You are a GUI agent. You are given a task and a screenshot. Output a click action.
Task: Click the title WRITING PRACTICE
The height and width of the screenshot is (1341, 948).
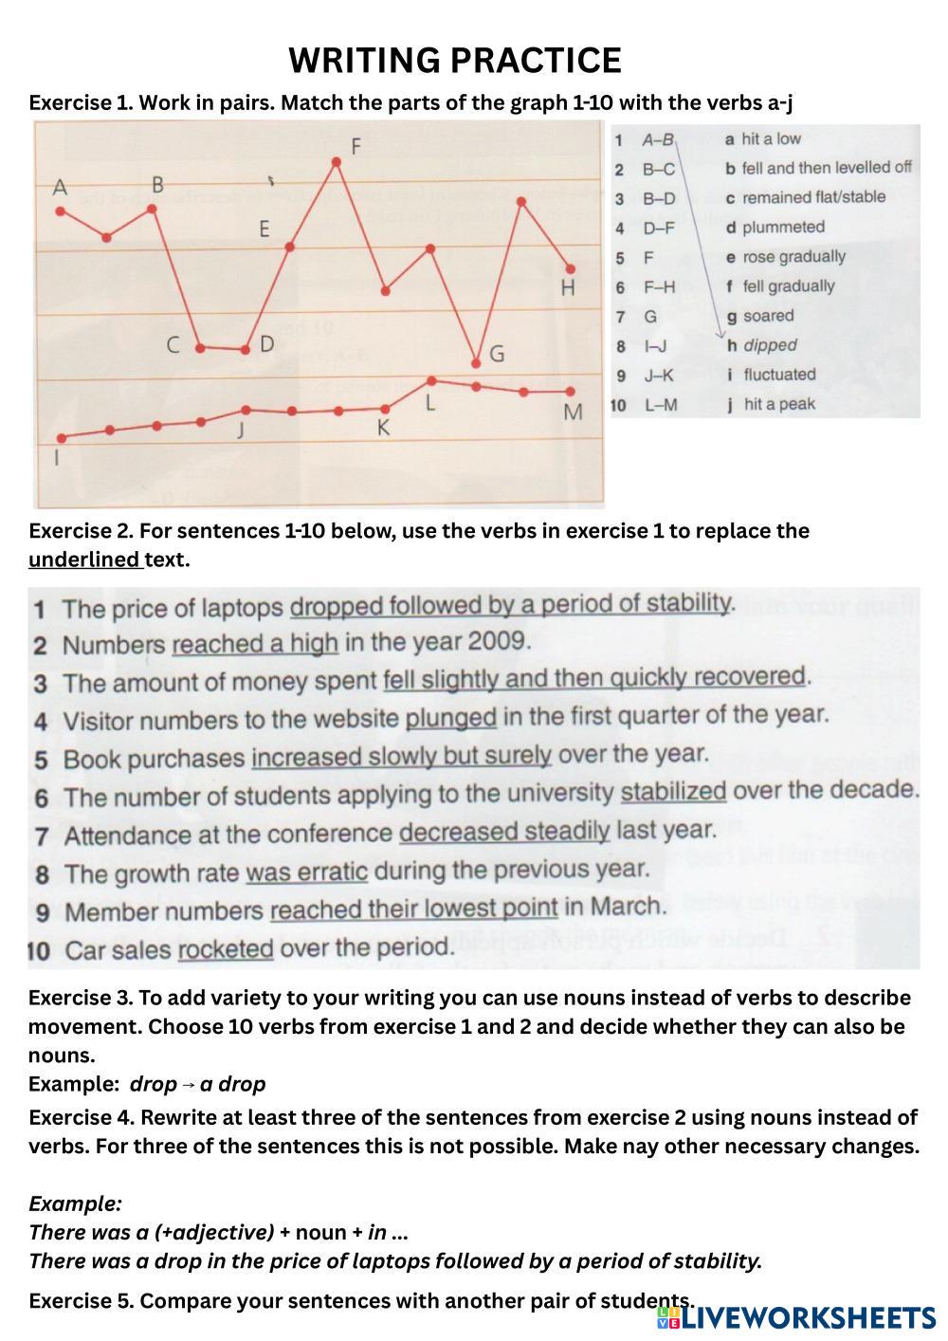[x=455, y=61]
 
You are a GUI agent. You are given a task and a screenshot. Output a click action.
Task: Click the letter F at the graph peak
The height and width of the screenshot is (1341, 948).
[x=356, y=147]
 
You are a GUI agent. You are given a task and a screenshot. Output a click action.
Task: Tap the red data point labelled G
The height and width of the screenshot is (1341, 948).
[x=477, y=363]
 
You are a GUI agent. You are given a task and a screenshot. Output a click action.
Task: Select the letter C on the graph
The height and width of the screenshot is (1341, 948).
[x=173, y=345]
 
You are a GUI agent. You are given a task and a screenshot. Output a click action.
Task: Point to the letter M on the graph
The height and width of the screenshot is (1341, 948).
[x=573, y=413]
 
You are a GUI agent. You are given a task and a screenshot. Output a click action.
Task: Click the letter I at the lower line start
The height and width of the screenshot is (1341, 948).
[x=58, y=459]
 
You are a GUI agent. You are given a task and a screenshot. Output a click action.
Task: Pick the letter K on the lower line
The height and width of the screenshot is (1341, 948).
[x=383, y=429]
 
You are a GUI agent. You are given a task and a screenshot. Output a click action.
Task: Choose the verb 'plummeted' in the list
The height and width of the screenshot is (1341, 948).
[x=783, y=228]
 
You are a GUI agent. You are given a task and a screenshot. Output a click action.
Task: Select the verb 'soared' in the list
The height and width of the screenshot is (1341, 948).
[x=768, y=316]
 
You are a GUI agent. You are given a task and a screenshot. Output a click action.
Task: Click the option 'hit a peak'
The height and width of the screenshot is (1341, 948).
[x=778, y=404]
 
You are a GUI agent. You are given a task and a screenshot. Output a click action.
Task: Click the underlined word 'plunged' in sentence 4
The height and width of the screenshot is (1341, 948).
[x=451, y=718]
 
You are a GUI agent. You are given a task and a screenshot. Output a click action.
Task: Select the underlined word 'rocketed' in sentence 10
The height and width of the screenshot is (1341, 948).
[x=226, y=948]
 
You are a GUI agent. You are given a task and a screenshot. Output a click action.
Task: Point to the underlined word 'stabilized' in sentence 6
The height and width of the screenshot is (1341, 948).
[x=673, y=791]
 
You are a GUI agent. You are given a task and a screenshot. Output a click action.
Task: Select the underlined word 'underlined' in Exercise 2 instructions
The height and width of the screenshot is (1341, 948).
[x=84, y=560]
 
